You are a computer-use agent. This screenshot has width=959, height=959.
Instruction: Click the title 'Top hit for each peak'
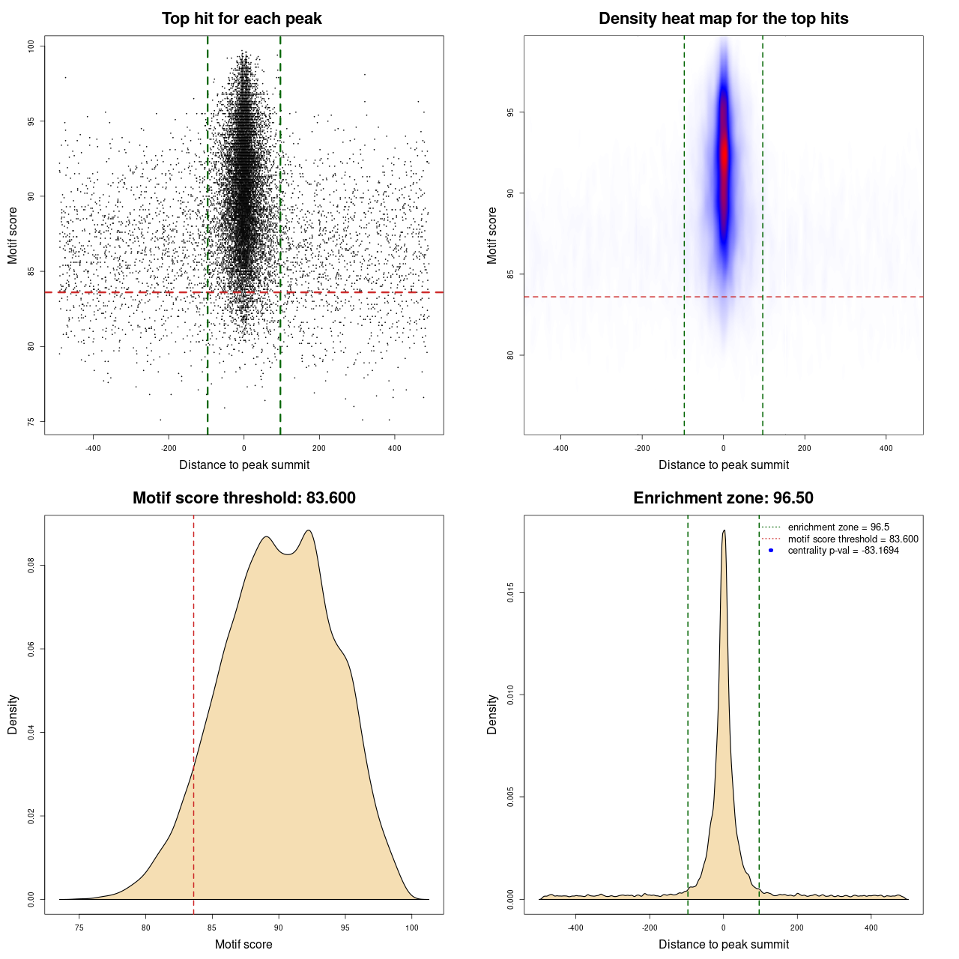tap(241, 19)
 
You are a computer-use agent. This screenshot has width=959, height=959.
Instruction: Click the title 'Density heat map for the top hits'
tap(723, 19)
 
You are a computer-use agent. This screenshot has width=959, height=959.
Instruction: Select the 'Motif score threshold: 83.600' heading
tap(243, 498)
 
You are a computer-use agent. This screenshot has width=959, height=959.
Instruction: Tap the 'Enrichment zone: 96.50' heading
tap(723, 498)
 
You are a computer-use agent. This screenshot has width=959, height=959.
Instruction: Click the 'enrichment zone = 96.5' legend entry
tap(838, 527)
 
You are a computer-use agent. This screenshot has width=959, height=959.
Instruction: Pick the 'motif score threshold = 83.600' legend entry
tap(853, 539)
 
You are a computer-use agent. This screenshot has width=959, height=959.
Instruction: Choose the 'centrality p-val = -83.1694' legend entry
tap(843, 551)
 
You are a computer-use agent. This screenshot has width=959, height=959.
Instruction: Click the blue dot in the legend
tap(771, 551)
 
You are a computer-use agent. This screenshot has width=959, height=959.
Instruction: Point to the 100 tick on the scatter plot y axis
tap(31, 46)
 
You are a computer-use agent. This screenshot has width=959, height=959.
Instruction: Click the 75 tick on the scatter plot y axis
tap(31, 421)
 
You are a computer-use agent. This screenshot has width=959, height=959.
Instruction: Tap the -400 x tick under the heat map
tap(560, 448)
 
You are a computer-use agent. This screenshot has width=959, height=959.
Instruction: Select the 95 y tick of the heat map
tap(511, 112)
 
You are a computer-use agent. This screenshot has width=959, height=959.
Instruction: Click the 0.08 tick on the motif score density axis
tap(31, 565)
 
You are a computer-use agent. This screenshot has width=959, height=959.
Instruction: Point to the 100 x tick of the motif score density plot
tap(411, 928)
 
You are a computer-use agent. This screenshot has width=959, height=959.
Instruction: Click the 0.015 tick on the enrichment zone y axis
tap(511, 593)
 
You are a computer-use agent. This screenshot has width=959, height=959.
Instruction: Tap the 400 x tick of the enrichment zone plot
tap(871, 928)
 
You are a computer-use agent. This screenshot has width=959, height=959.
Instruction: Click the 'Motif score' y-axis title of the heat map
tap(492, 235)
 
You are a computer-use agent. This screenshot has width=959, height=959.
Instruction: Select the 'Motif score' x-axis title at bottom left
tap(243, 944)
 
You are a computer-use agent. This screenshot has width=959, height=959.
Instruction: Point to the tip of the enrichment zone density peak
tap(724, 531)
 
